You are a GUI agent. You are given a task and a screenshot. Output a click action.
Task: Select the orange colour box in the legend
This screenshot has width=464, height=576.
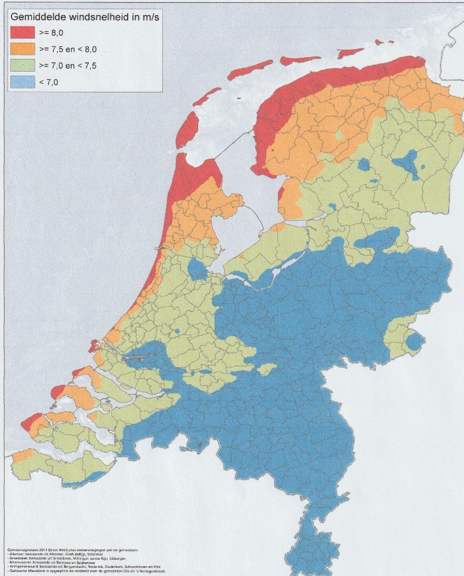click(x=22, y=49)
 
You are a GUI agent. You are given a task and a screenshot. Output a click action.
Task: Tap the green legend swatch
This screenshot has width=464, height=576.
click(x=22, y=65)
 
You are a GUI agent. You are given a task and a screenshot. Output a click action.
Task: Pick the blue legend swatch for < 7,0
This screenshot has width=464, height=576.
click(x=22, y=82)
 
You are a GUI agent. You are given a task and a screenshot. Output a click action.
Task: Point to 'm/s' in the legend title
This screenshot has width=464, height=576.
click(x=149, y=17)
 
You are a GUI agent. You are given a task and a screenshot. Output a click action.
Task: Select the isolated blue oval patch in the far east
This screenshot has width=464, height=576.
click(x=414, y=342)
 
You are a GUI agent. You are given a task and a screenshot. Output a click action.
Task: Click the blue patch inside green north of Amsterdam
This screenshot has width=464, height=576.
click(x=196, y=269)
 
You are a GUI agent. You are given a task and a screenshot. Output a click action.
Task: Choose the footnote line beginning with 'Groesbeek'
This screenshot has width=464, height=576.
click(x=64, y=558)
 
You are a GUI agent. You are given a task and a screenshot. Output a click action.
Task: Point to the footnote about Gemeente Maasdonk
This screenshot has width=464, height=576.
click(x=81, y=571)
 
